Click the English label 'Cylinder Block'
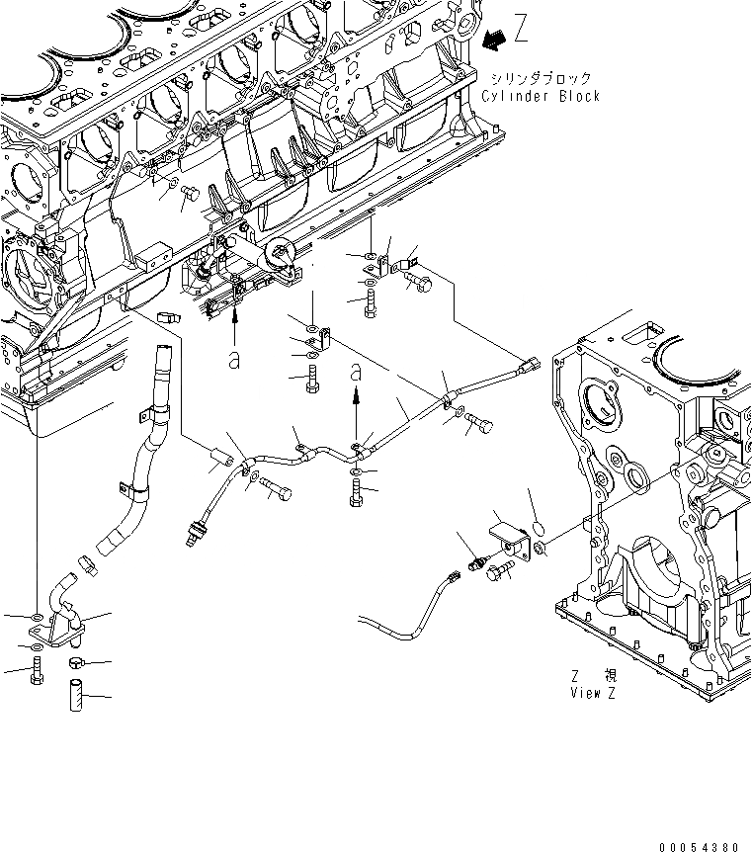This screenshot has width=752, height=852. (x=541, y=96)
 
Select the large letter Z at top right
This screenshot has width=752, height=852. (x=521, y=30)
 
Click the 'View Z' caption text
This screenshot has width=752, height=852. (x=593, y=693)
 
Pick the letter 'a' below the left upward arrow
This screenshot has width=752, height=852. (x=234, y=360)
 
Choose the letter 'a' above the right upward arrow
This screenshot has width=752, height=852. (x=357, y=373)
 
